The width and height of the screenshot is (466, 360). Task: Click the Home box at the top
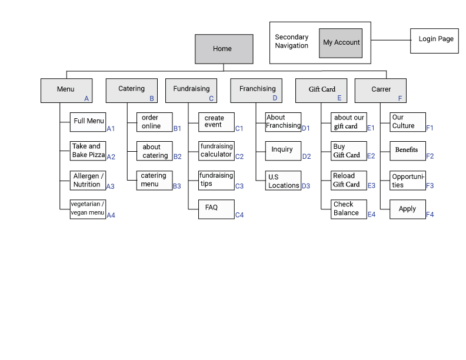pyautogui.click(x=224, y=49)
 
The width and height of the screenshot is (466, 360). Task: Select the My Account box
pyautogui.click(x=341, y=43)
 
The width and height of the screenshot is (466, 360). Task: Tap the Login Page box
pyautogui.click(x=434, y=41)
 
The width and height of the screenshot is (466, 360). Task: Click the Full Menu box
pyautogui.click(x=88, y=121)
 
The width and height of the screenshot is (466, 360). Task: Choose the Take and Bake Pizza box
pyautogui.click(x=88, y=151)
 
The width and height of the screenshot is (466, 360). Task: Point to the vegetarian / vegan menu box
pyautogui.click(x=88, y=209)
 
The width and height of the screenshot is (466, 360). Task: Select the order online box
pyautogui.click(x=155, y=122)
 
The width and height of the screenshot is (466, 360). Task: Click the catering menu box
pyautogui.click(x=155, y=180)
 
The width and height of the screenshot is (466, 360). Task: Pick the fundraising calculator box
pyautogui.click(x=216, y=151)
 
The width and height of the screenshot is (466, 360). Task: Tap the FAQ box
pyautogui.click(x=216, y=209)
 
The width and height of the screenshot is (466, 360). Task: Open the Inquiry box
pyautogui.click(x=283, y=151)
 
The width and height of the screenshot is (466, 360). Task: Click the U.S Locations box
pyautogui.click(x=283, y=181)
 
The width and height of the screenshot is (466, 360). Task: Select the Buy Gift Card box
pyautogui.click(x=349, y=151)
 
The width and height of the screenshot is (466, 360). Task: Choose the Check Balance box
pyautogui.click(x=349, y=209)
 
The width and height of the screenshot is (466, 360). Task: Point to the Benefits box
pyautogui.click(x=408, y=151)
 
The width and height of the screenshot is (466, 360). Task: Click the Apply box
pyautogui.click(x=408, y=209)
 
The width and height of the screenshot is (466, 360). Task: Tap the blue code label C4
pyautogui.click(x=239, y=215)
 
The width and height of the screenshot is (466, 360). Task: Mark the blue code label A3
pyautogui.click(x=111, y=186)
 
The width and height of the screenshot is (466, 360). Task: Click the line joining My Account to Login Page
pyautogui.click(x=390, y=40)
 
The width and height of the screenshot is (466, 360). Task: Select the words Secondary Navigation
pyautogui.click(x=292, y=41)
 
